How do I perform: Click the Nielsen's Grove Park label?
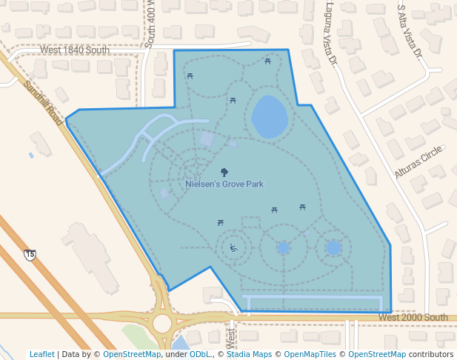224,184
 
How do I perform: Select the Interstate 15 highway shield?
30,255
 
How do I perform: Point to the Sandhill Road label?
43,102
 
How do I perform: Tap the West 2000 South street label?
413,317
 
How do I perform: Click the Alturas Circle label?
418,162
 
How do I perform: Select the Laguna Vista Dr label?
331,33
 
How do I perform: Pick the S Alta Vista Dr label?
409,32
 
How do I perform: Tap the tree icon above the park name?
224,172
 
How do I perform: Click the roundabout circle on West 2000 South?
162,323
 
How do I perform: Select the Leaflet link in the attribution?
42,354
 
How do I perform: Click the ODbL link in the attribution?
200,354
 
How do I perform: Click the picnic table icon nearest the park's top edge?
267,61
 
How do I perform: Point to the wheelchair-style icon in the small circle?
233,247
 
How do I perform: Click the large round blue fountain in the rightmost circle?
334,247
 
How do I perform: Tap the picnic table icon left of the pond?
233,101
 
